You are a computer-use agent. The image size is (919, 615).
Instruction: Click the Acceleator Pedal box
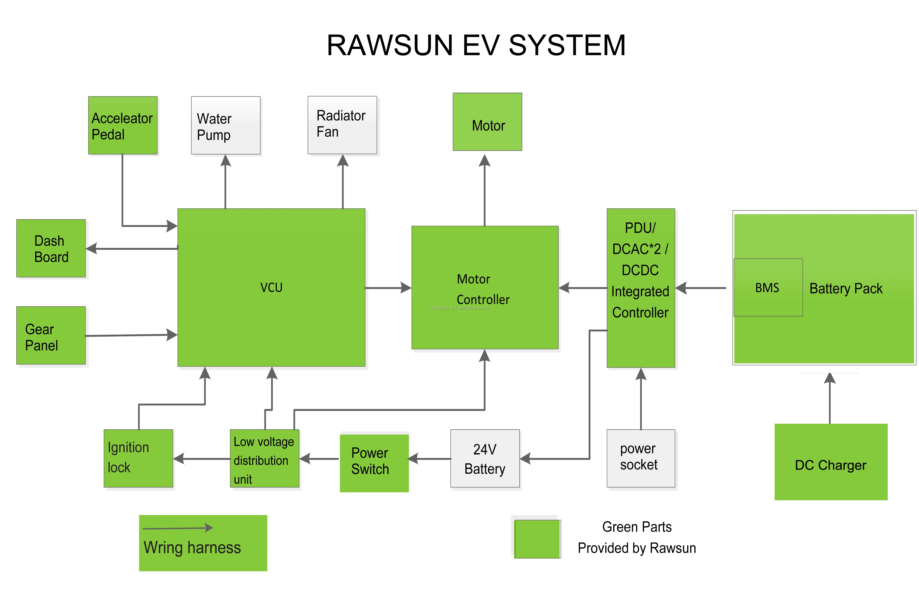pos(122,126)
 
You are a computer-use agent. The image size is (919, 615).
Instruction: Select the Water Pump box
pos(225,126)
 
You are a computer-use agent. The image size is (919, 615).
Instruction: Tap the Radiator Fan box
pos(342,125)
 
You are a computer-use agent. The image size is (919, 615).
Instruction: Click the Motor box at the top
pos(487,122)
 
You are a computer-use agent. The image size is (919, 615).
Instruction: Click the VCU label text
pos(271,287)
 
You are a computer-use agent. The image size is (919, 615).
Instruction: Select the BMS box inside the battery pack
pos(768,287)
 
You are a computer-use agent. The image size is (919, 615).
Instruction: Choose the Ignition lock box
pos(138,458)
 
